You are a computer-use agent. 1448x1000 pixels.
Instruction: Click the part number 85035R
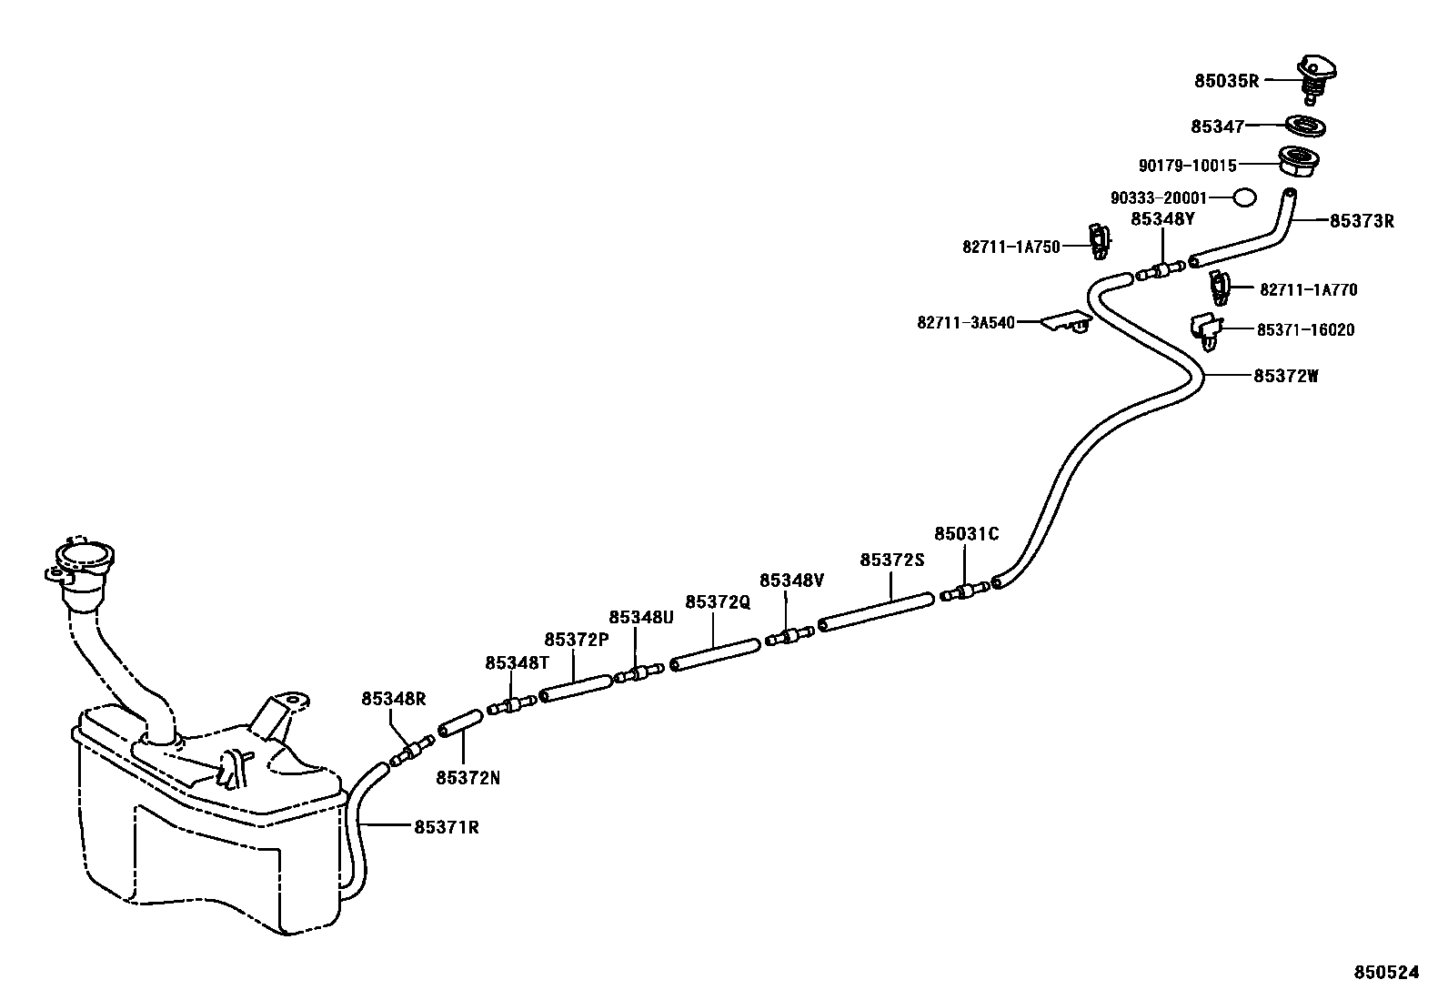point(1226,80)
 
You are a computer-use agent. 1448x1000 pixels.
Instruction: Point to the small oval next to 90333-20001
point(1244,197)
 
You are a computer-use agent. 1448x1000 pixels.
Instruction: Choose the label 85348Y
point(1162,218)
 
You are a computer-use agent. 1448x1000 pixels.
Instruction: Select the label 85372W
point(1285,375)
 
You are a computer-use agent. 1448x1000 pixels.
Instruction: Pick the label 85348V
point(791,581)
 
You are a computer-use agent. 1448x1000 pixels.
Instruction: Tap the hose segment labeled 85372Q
point(715,654)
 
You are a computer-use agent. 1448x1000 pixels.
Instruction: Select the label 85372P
point(576,640)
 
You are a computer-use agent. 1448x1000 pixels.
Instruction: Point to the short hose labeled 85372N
point(459,725)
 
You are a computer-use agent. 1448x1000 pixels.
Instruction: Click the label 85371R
point(446,827)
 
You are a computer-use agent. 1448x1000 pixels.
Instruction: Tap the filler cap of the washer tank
point(84,557)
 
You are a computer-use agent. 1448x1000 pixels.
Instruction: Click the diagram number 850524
point(1385,972)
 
